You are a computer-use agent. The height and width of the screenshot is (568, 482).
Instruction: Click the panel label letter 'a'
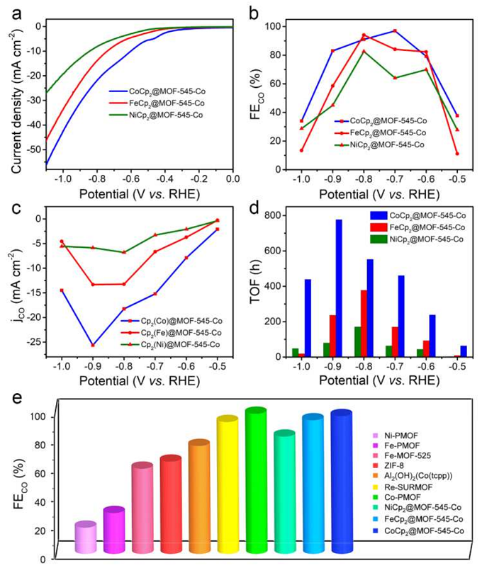(16, 12)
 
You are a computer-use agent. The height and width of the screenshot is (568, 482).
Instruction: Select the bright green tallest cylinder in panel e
(255, 482)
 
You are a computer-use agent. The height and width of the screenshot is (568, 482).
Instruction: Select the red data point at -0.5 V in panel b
(457, 154)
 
